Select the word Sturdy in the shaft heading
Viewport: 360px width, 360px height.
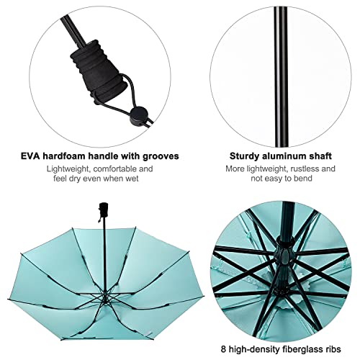click(x=246, y=156)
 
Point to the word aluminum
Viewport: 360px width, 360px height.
click(x=286, y=156)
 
